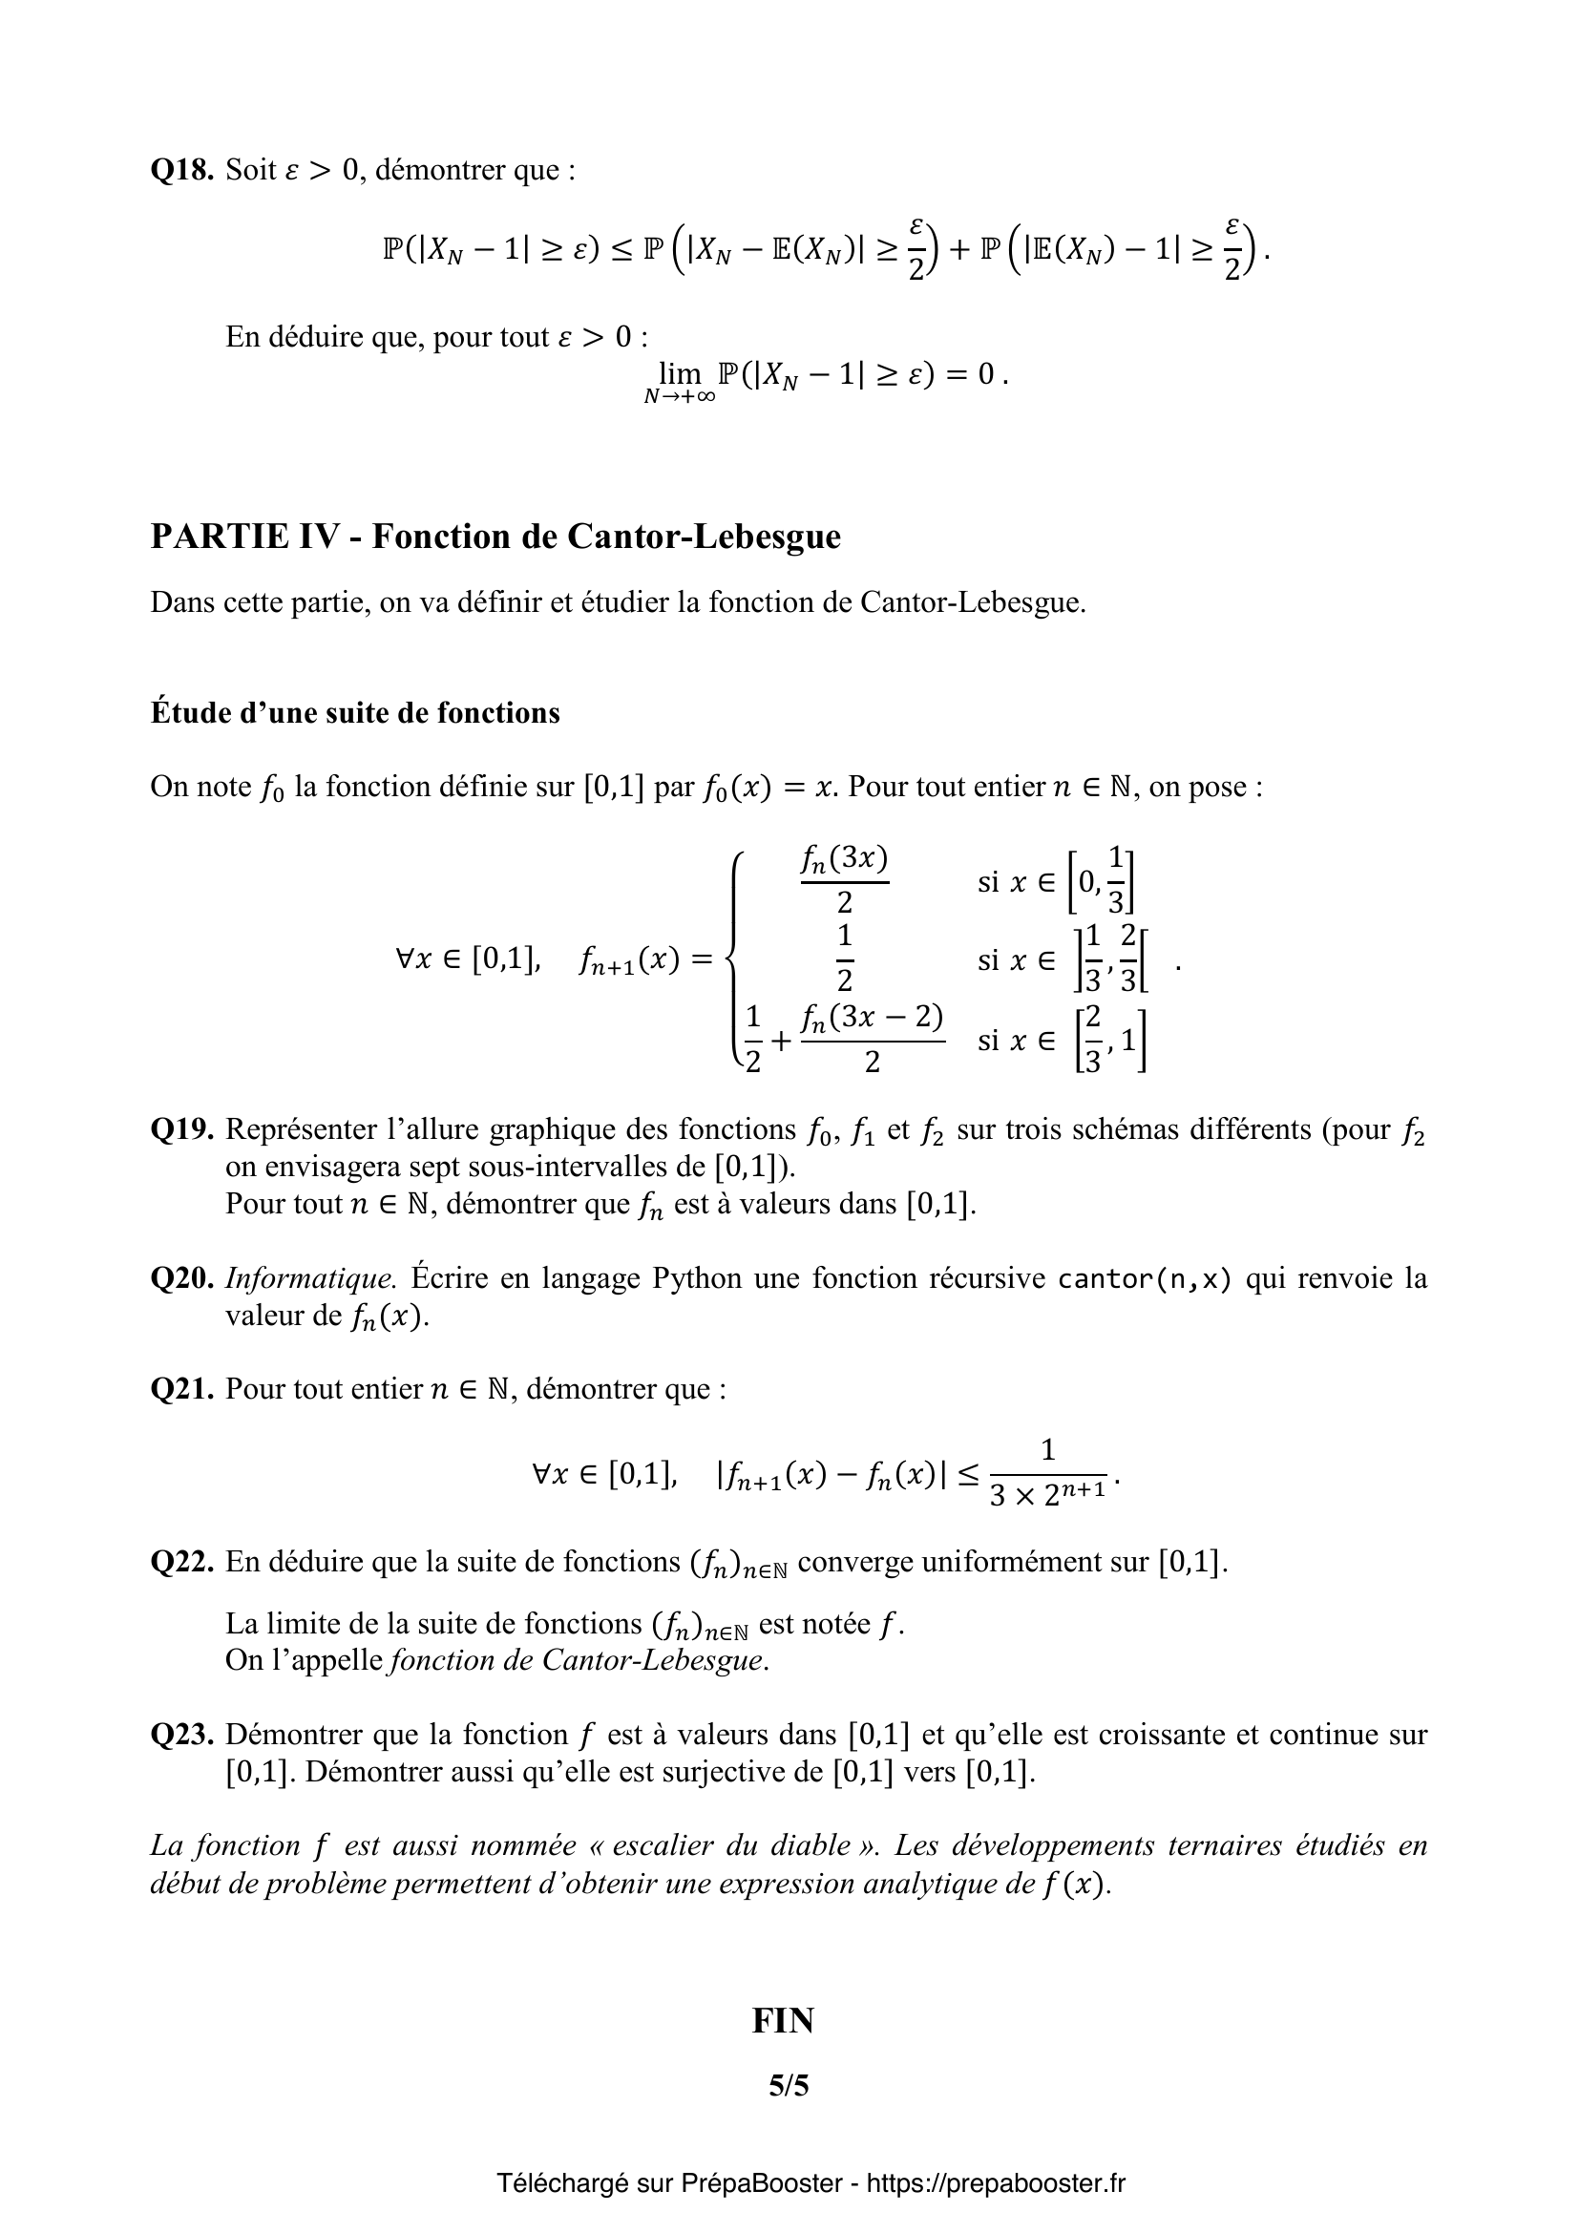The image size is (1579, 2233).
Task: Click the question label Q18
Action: click(x=180, y=170)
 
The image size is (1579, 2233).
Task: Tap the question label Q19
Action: click(x=180, y=1129)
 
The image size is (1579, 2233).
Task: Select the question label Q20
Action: click(x=180, y=1278)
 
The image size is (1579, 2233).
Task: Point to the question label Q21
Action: click(x=180, y=1389)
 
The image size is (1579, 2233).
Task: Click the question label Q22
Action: click(x=180, y=1562)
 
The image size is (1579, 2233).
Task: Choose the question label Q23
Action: click(x=180, y=1735)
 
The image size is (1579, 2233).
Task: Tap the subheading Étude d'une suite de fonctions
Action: click(x=355, y=713)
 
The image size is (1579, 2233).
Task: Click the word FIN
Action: click(x=783, y=2021)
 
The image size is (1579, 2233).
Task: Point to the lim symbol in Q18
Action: click(x=679, y=373)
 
